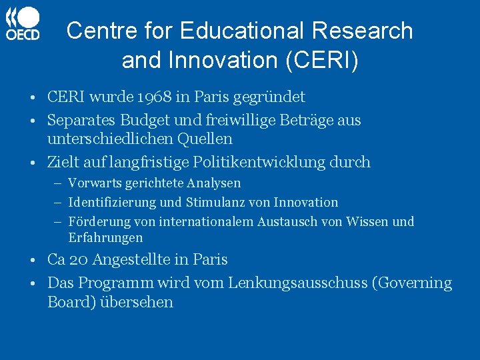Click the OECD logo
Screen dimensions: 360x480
pos(23,24)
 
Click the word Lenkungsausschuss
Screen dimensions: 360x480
pos(299,283)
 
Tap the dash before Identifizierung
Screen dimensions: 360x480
pos(59,203)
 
